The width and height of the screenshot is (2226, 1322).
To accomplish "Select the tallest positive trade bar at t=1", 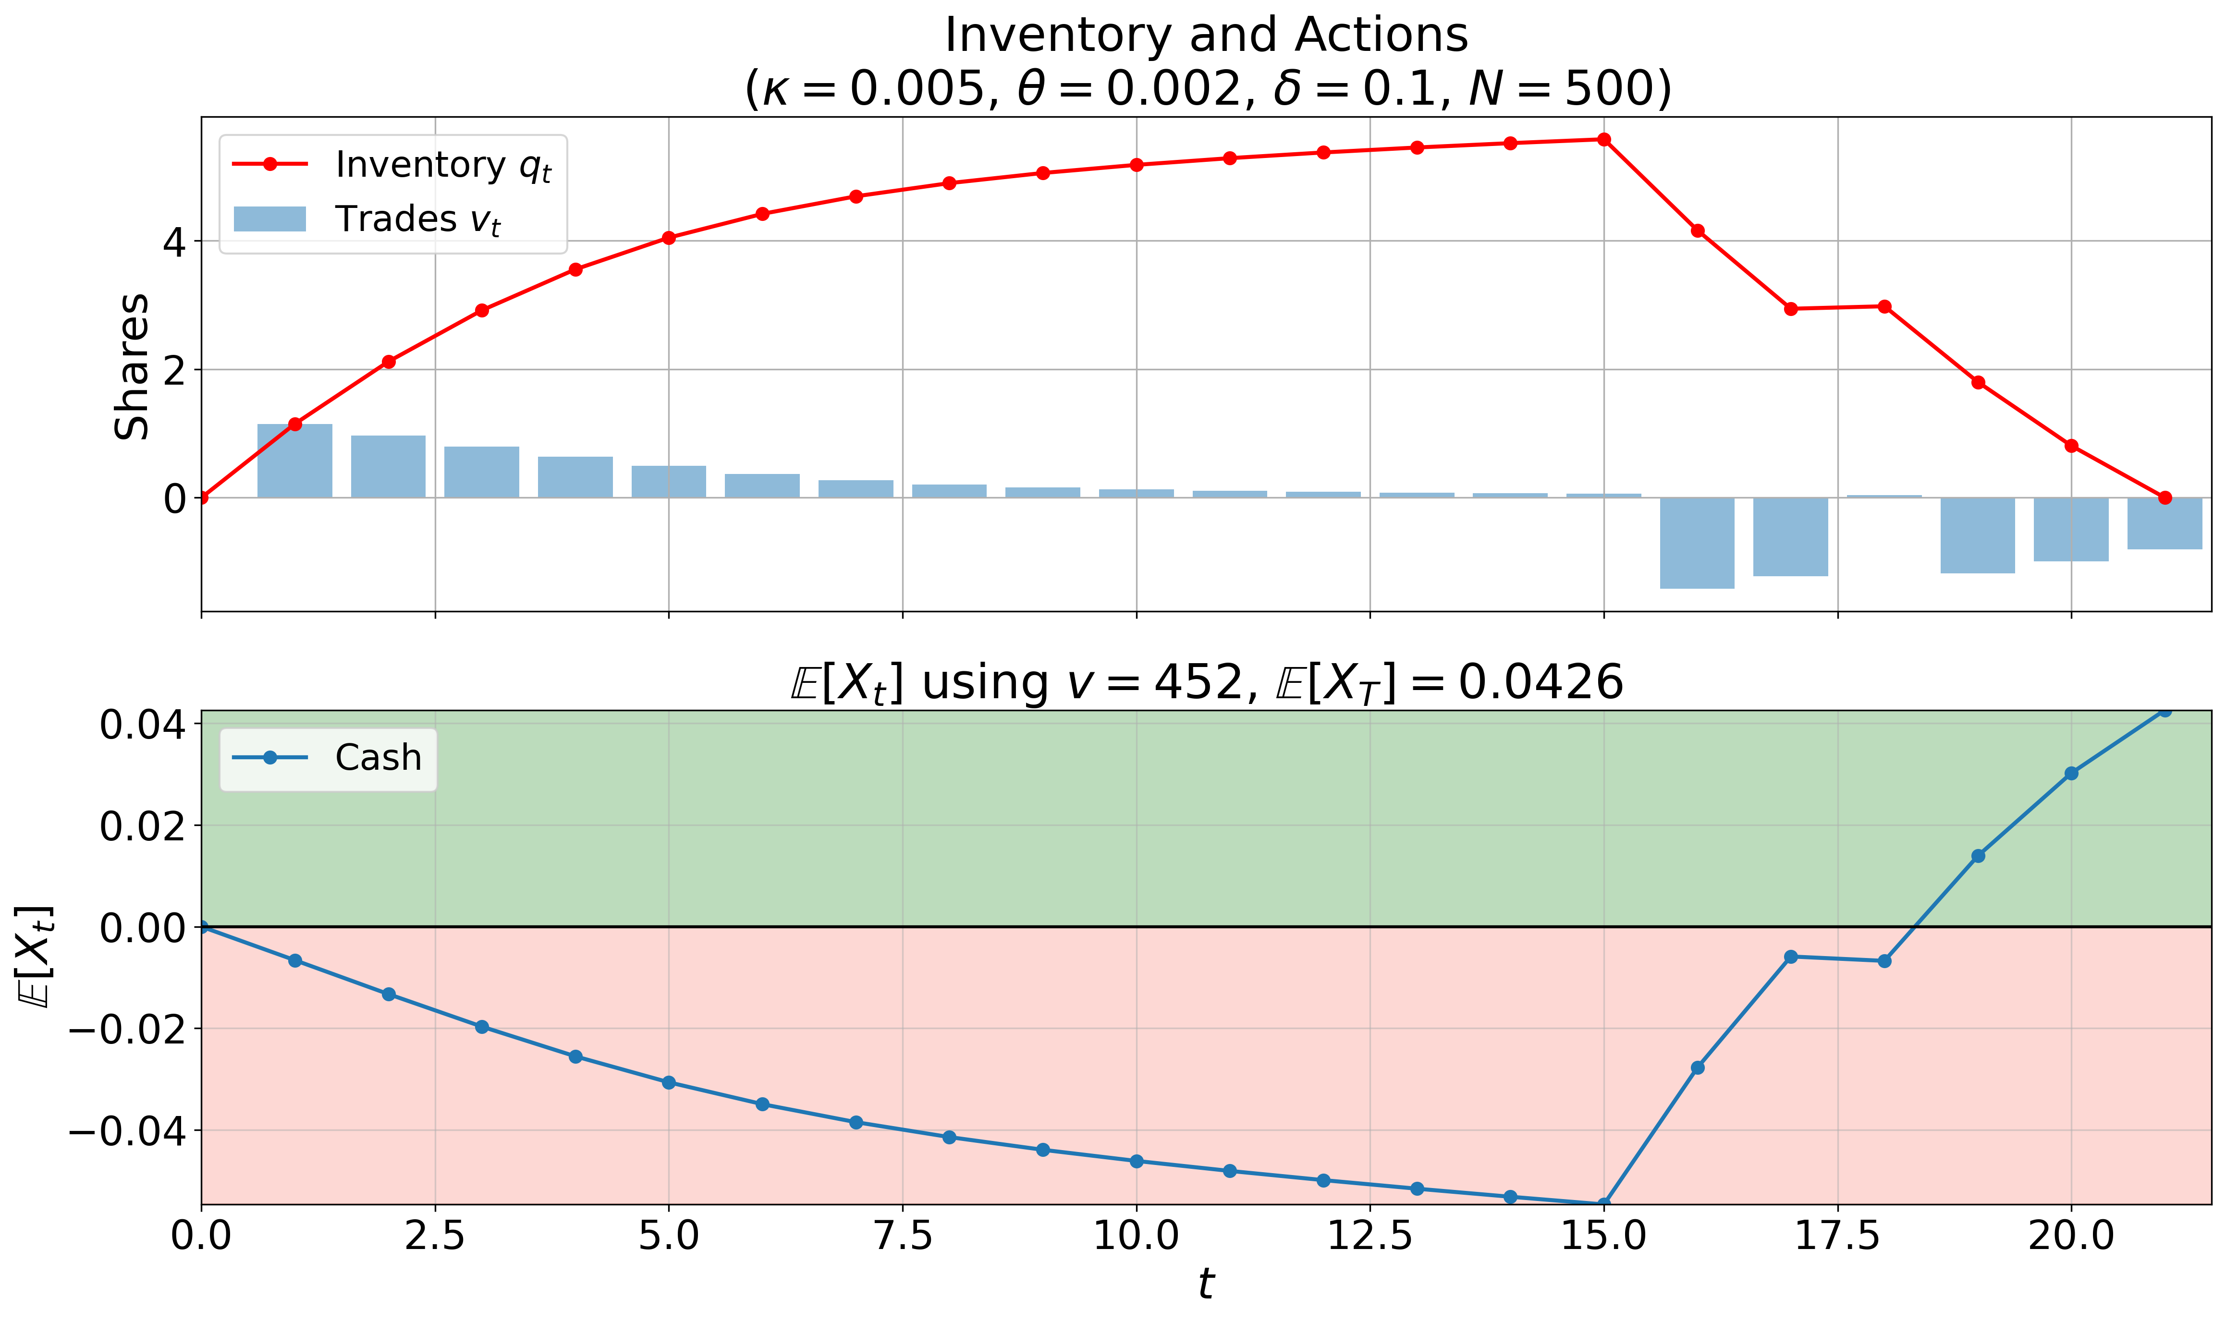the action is (295, 461).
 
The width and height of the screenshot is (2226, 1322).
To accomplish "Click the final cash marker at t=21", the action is (2165, 710).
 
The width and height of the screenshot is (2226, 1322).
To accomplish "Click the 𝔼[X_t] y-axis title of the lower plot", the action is (36, 957).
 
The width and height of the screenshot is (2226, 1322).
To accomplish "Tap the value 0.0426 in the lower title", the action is (1541, 683).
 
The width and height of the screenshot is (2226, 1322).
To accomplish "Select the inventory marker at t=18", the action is (1884, 306).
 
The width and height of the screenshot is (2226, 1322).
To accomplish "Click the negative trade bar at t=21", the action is (2165, 523).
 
